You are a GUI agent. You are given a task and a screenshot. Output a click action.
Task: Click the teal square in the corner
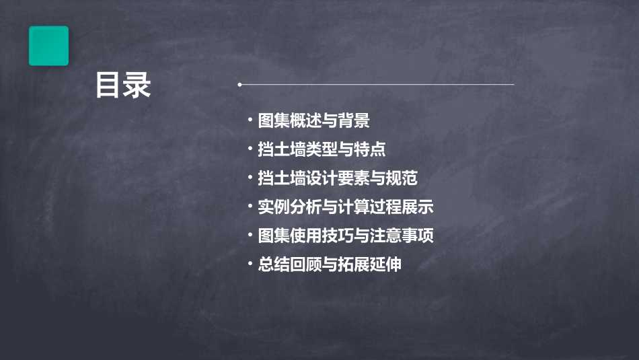point(48,46)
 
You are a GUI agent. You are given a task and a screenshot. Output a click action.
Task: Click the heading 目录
point(123,86)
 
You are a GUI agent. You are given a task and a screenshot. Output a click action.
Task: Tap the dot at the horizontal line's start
point(239,85)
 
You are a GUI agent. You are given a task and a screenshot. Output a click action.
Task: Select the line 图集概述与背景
point(313,121)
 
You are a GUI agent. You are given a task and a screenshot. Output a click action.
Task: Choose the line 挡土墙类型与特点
point(322,149)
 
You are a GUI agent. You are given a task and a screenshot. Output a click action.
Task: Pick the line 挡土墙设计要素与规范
point(338,178)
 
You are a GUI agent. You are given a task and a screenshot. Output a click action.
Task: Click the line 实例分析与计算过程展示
point(346,207)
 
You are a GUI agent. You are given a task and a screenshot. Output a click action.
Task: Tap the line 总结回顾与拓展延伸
point(330,264)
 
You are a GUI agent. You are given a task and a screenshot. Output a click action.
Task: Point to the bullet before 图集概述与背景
point(250,121)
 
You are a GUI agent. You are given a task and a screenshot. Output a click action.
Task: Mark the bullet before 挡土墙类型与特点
point(250,149)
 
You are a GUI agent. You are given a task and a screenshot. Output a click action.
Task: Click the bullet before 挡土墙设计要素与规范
point(250,178)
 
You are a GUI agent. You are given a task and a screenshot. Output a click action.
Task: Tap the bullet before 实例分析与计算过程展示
point(250,207)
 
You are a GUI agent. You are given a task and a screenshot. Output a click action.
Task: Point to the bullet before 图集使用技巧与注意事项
point(250,236)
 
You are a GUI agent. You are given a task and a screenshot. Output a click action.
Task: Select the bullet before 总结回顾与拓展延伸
point(250,264)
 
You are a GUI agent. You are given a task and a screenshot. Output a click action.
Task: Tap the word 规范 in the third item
point(402,178)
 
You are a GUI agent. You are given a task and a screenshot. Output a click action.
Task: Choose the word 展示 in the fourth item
point(418,207)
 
